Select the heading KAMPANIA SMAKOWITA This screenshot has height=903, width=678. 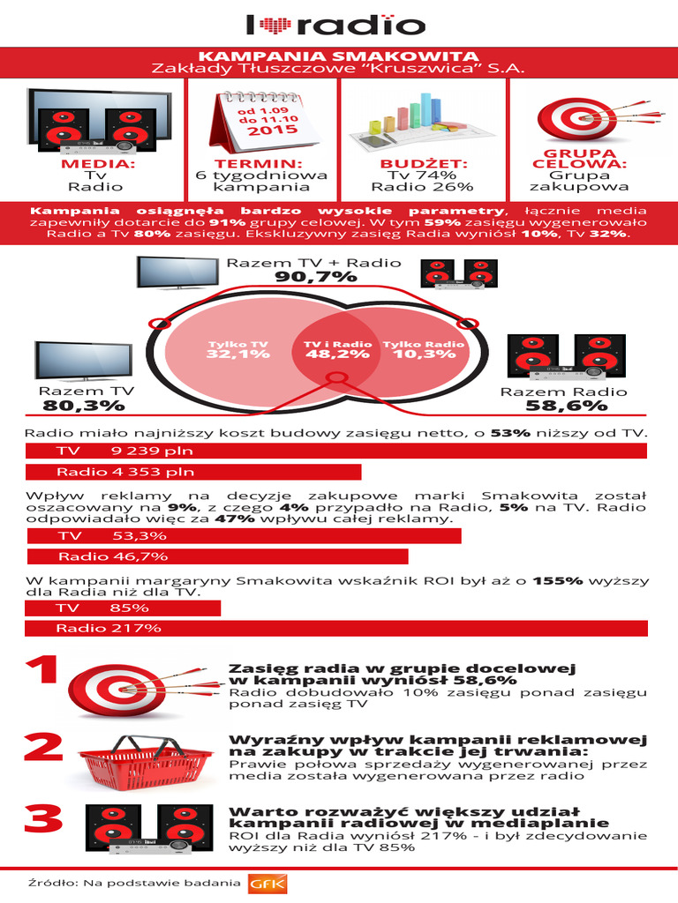coord(339,56)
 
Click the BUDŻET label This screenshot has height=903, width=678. coord(423,164)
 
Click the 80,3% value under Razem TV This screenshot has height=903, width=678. coord(85,407)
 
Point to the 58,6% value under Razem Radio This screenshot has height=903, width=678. coord(566,407)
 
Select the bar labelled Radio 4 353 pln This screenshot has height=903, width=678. coord(194,472)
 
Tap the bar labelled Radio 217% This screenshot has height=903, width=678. coord(336,629)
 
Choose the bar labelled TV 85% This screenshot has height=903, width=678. coord(123,608)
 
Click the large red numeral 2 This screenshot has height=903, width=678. coord(42,748)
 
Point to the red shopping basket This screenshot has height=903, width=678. coord(143,760)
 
